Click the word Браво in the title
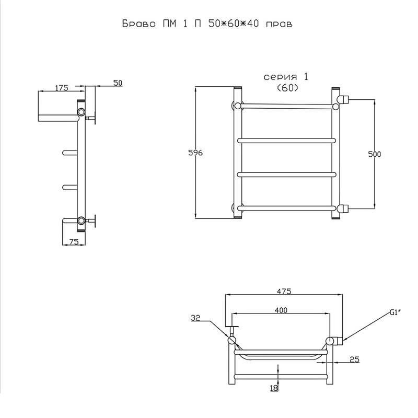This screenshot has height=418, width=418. click(139, 24)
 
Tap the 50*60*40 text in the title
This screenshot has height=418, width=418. click(234, 24)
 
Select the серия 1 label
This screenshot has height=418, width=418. click(286, 77)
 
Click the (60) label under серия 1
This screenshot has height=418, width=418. click(287, 88)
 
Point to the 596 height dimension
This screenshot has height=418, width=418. click(195, 153)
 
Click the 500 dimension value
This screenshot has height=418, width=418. click(374, 154)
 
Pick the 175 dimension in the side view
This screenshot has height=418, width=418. click(62, 88)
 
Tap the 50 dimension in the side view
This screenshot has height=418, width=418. click(118, 83)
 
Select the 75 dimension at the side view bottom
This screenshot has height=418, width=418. click(74, 241)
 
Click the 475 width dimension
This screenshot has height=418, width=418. click(284, 292)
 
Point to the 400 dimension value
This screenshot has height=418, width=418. click(281, 310)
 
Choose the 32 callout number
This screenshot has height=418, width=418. click(195, 318)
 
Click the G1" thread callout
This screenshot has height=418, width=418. click(396, 312)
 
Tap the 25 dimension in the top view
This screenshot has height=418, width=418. click(354, 359)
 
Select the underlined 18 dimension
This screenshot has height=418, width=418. click(274, 388)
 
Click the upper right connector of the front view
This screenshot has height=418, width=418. click(343, 99)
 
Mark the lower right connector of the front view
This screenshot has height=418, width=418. click(343, 208)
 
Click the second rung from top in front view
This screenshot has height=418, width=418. click(286, 141)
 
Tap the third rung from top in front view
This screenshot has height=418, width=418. click(286, 175)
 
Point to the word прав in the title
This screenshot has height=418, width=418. click(279, 24)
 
